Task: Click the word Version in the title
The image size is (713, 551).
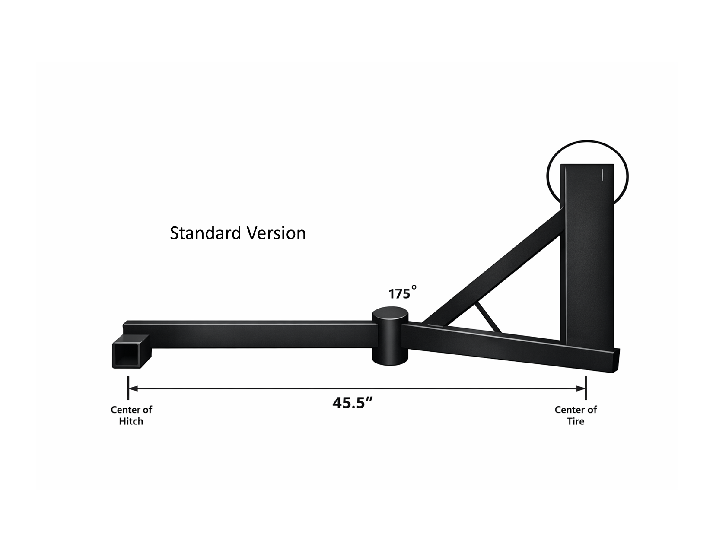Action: [x=276, y=233]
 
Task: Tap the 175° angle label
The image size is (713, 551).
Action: [x=403, y=293]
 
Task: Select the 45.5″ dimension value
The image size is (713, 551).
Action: [x=353, y=403]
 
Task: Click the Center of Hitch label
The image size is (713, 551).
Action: [x=131, y=415]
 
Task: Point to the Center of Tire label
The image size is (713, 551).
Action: [x=576, y=415]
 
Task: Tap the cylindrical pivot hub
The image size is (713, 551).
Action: [x=390, y=336]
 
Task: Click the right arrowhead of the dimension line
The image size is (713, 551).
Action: [x=581, y=389]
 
